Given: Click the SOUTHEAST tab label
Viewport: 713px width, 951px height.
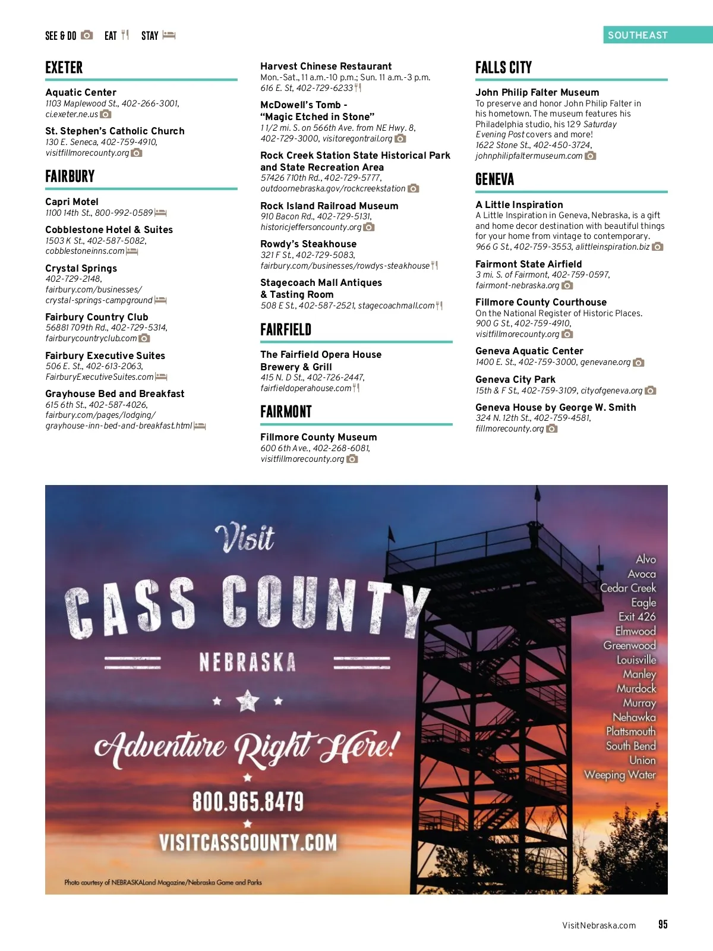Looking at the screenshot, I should [x=638, y=35].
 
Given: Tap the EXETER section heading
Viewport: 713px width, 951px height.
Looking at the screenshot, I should [x=64, y=68].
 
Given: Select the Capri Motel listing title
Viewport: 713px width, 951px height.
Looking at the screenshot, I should [x=72, y=202].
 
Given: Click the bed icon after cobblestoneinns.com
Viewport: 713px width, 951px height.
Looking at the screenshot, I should [x=132, y=251].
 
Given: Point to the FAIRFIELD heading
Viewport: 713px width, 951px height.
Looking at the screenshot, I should [x=286, y=330].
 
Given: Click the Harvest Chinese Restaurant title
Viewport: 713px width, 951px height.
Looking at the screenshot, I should [x=326, y=67].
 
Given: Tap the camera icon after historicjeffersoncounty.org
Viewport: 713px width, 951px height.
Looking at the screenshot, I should [x=369, y=227].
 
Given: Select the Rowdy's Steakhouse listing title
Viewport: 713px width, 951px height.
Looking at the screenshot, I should [x=308, y=244].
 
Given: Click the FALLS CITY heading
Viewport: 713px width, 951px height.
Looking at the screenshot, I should [x=503, y=68].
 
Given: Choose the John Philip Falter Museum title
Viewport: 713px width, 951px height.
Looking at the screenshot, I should [x=537, y=93].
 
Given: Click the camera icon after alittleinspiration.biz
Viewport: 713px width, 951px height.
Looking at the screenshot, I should [x=657, y=247].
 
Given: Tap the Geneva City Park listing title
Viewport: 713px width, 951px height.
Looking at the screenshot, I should [x=515, y=380].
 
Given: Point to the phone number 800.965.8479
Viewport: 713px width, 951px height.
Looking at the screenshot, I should [x=248, y=802].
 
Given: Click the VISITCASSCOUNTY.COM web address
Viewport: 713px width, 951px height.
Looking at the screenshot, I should [x=248, y=843].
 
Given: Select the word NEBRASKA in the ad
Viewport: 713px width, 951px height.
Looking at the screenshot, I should [x=247, y=662].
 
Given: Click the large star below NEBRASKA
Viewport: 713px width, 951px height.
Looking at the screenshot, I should [x=248, y=701].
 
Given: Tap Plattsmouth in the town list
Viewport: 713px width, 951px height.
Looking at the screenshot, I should [x=630, y=732].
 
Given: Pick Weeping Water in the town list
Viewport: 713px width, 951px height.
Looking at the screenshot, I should [x=620, y=775].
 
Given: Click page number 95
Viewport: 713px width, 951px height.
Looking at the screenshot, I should [x=662, y=924].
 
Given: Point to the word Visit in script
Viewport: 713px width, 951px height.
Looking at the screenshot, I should [x=245, y=539].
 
